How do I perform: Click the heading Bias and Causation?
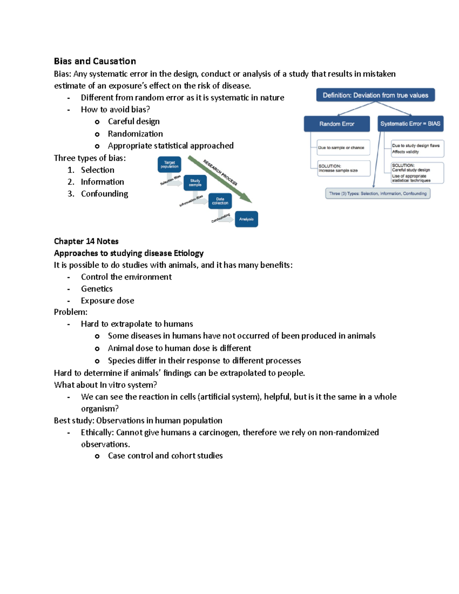point(95,61)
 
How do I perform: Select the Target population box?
point(169,164)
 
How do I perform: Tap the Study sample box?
point(195,183)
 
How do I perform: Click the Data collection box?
point(220,201)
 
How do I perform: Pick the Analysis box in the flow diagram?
point(246,219)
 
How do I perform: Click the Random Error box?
point(337,124)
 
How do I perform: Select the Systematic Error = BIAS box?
point(410,124)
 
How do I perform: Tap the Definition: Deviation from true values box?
point(375,95)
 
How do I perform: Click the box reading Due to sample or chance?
point(343,148)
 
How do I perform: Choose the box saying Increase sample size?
point(343,168)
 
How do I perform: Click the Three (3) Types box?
point(378,194)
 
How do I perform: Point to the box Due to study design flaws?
point(417,148)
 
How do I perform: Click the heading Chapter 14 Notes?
point(86,241)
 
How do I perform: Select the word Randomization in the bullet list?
point(135,134)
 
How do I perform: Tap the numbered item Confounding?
point(104,194)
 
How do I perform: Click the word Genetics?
point(97,289)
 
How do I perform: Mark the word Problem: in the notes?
point(71,312)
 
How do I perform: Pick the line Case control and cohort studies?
point(165,456)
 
